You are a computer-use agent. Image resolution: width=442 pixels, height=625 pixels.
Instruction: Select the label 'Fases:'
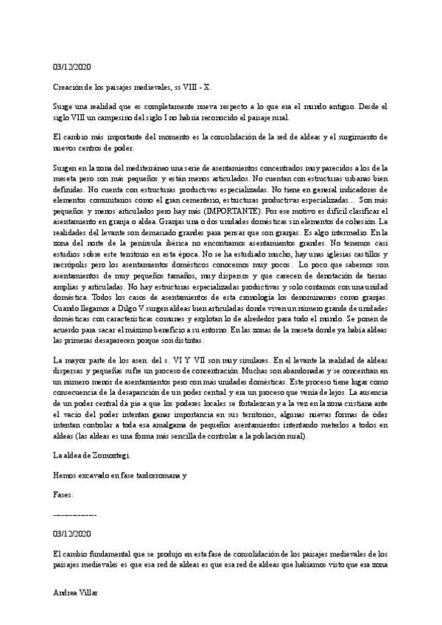[x=64, y=494]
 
